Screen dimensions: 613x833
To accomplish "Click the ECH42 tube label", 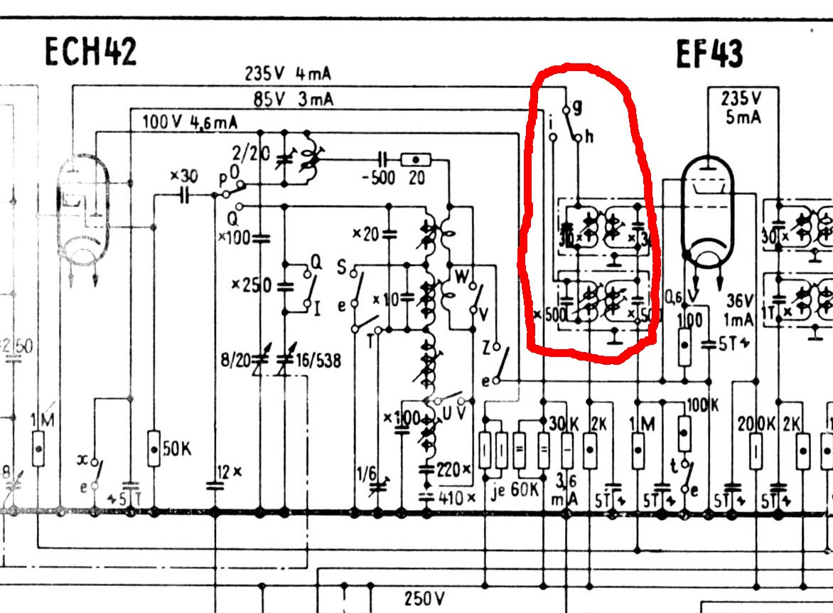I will point(90,51).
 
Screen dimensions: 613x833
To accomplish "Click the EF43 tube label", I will point(709,54).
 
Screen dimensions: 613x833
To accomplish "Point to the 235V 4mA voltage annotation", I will point(288,74).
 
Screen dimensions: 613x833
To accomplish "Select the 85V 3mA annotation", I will point(293,99).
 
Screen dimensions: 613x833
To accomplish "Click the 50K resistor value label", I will point(177,449).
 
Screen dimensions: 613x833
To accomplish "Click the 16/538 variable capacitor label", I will point(319,361).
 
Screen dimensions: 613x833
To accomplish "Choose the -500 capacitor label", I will point(378,177).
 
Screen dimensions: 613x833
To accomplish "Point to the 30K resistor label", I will point(564,423).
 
